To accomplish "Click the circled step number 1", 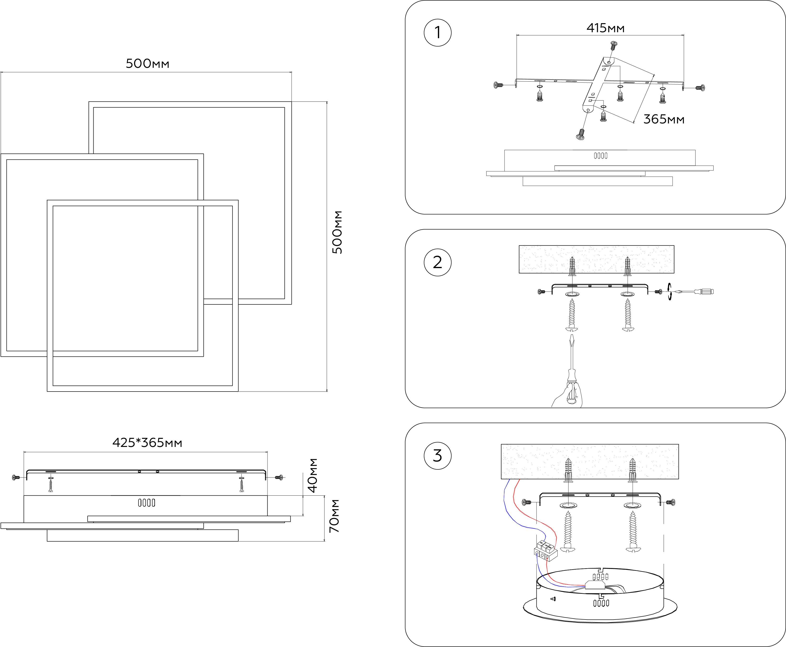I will (x=438, y=32).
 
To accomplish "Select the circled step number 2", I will (x=438, y=262).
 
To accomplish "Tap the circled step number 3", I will (x=438, y=456).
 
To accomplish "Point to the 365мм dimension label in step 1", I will (x=664, y=119).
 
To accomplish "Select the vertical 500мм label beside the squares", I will (x=337, y=233).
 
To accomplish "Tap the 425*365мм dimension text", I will (x=147, y=443).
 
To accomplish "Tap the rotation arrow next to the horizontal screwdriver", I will (x=670, y=292).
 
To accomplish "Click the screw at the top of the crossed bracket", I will (x=613, y=45).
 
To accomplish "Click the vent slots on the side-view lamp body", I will (x=146, y=503).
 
